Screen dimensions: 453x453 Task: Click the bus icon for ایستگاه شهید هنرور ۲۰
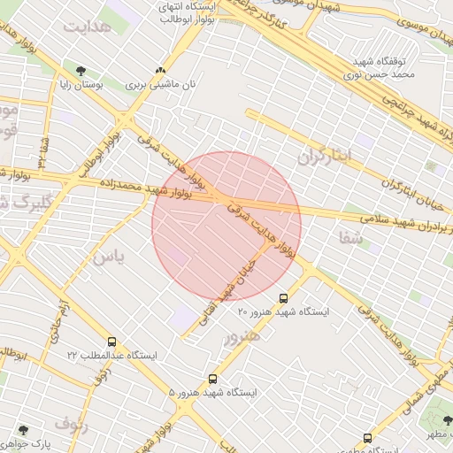point(283,298)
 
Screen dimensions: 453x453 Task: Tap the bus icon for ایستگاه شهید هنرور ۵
point(211,379)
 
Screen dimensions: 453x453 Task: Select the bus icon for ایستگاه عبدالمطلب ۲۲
point(111,342)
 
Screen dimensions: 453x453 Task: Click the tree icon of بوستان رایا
point(81,70)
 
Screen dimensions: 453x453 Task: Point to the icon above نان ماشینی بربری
point(160,70)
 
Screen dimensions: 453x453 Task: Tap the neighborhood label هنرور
point(242,338)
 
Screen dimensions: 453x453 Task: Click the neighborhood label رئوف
point(71,424)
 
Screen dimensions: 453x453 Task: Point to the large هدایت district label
point(86,26)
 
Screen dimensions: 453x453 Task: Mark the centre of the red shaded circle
point(226,226)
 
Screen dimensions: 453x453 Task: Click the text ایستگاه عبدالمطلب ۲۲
point(111,356)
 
